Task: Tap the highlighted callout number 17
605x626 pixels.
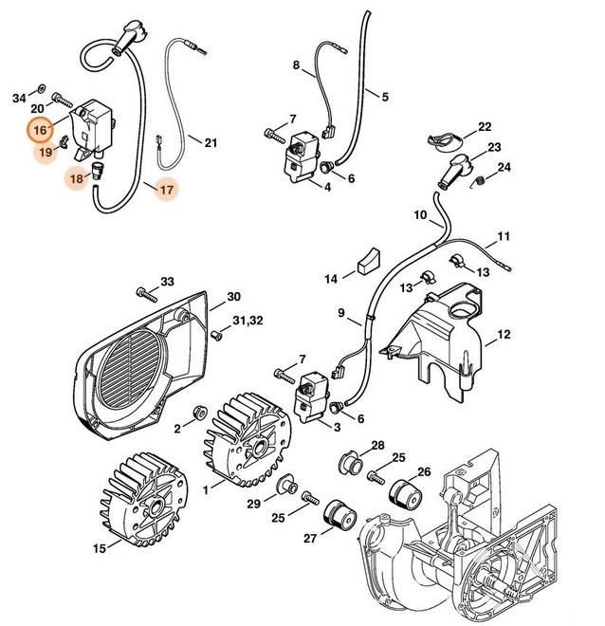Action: (166, 190)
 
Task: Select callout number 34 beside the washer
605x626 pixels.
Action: (19, 98)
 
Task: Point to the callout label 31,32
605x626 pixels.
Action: (235, 322)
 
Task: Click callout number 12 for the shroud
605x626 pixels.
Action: (503, 334)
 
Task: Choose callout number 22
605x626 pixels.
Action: (484, 127)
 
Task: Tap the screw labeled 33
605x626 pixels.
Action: (145, 288)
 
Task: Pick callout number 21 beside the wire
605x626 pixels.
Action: (210, 143)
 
